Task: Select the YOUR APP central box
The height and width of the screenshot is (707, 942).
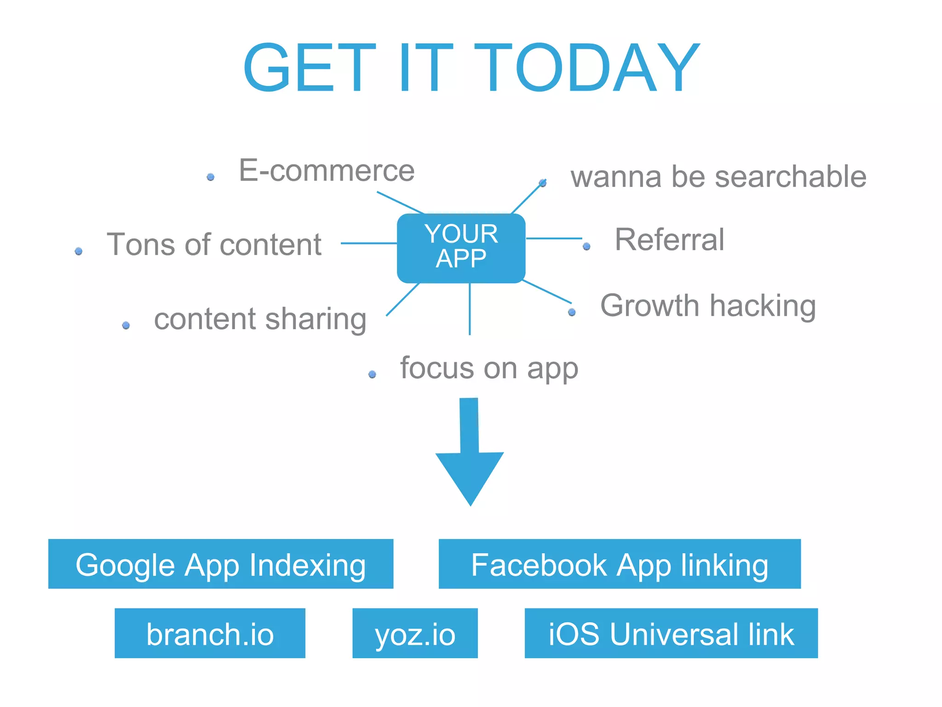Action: [461, 248]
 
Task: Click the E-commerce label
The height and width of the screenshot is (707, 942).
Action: [327, 171]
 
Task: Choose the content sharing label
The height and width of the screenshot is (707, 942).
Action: [260, 319]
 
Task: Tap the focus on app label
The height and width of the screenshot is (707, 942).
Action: [489, 368]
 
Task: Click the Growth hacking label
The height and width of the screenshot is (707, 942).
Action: [708, 306]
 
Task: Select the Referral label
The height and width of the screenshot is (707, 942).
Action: [669, 240]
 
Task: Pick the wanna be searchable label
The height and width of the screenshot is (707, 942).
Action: [718, 177]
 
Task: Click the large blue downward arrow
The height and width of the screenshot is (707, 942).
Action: [470, 456]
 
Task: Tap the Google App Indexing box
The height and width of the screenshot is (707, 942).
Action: [221, 564]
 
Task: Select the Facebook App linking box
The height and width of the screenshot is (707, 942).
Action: [620, 564]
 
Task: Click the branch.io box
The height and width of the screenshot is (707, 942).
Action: [210, 633]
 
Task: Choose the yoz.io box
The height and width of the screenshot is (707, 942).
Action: [415, 633]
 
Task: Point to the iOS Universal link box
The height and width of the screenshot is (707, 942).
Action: [671, 633]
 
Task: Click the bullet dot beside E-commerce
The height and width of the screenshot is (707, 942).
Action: [211, 177]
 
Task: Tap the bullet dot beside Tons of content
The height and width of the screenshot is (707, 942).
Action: [79, 251]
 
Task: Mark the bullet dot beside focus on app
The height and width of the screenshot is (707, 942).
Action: [373, 375]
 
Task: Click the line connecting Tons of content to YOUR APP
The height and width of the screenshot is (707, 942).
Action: [368, 243]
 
